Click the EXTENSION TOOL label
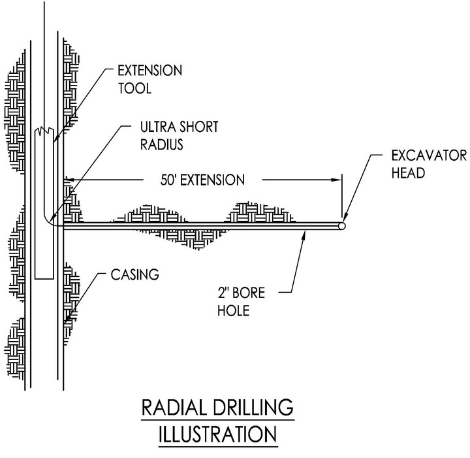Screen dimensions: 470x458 point(150,80)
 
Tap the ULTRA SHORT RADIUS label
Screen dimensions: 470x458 point(180,135)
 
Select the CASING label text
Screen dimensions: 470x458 point(135,275)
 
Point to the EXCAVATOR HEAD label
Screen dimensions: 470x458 point(429,165)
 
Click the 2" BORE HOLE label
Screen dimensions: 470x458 point(242,302)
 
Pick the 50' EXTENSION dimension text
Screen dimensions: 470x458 point(202,180)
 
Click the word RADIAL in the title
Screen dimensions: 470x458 point(174,407)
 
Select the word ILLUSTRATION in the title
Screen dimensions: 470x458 point(217,434)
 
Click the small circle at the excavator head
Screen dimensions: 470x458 point(341,225)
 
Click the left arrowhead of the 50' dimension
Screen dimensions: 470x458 point(69,180)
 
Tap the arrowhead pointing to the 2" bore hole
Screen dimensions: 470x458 point(304,235)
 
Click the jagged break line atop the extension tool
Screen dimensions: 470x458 point(44,130)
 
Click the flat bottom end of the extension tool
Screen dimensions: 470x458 point(44,279)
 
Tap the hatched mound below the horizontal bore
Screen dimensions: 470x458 point(181,238)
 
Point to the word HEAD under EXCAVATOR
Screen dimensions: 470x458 point(408,173)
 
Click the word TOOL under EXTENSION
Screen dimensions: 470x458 point(134,88)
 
